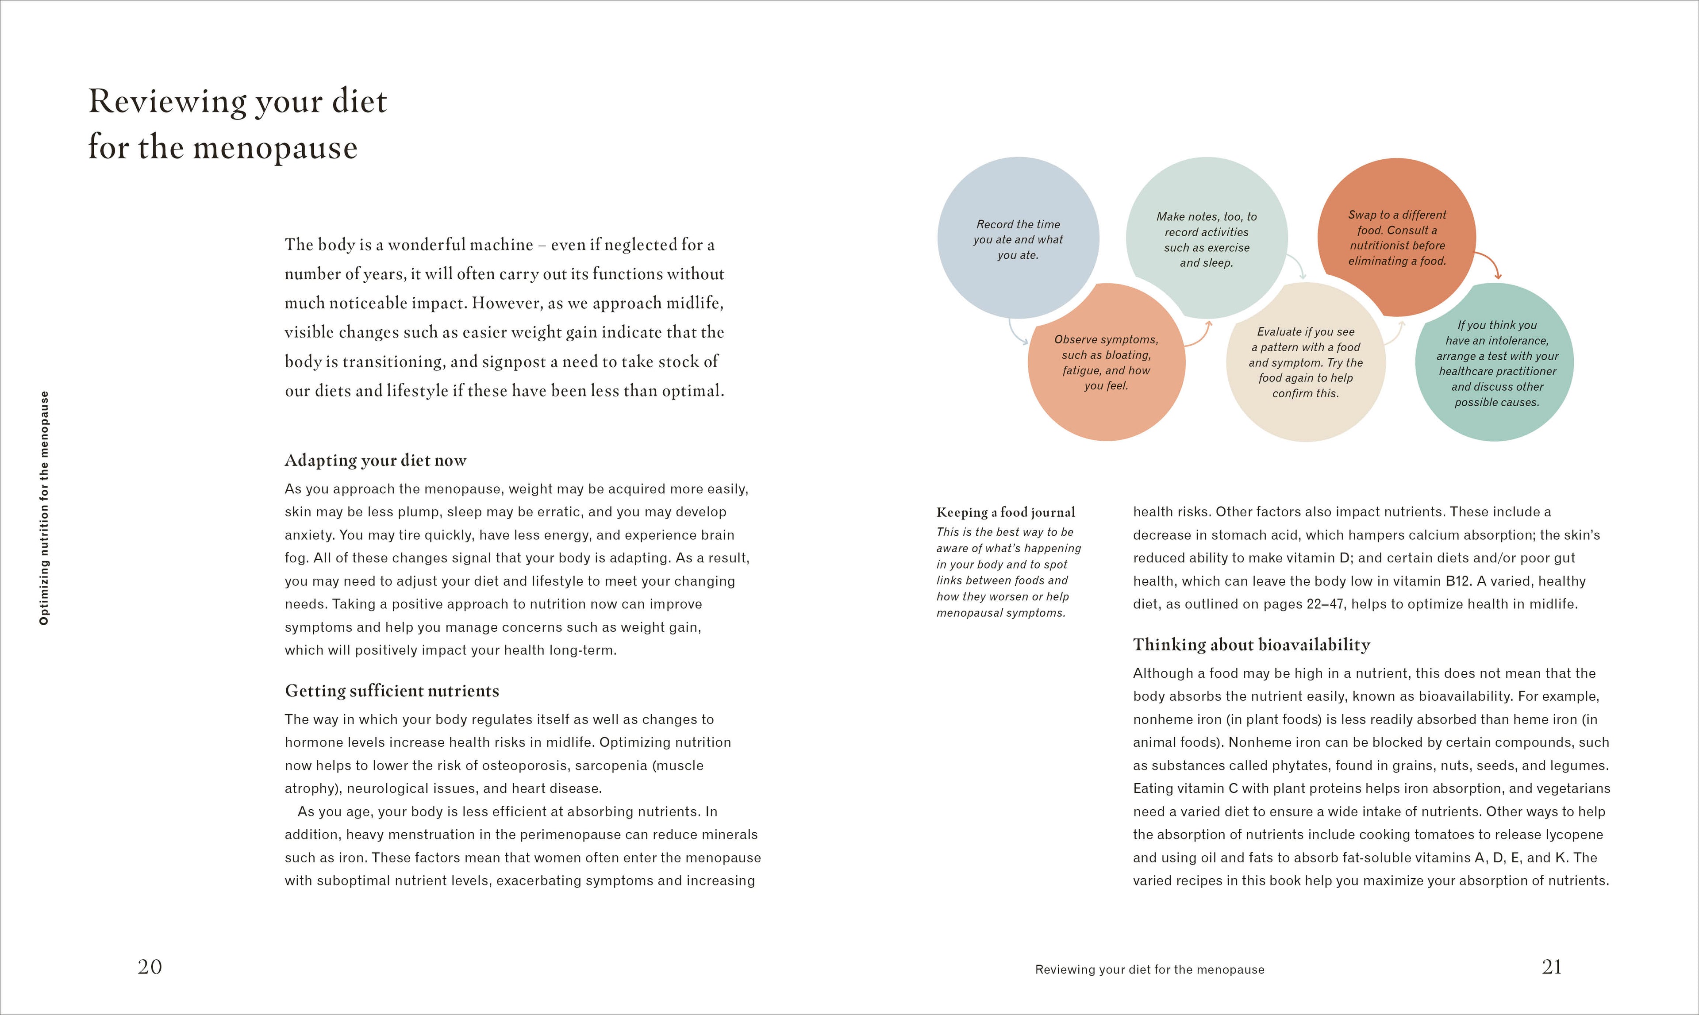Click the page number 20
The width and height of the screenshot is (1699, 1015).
(x=150, y=966)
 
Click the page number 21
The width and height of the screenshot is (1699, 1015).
(x=1551, y=966)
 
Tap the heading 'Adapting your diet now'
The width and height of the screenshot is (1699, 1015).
(x=376, y=460)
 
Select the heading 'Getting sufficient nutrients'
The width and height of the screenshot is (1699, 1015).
(x=392, y=691)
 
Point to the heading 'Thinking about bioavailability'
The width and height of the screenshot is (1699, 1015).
(x=1252, y=644)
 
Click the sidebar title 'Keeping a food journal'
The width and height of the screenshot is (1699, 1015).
(x=1005, y=512)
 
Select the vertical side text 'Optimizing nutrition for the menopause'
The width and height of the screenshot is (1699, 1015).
(x=44, y=507)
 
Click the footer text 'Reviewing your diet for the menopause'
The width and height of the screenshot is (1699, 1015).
(x=1150, y=969)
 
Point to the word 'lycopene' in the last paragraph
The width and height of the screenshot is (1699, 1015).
(x=1570, y=834)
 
